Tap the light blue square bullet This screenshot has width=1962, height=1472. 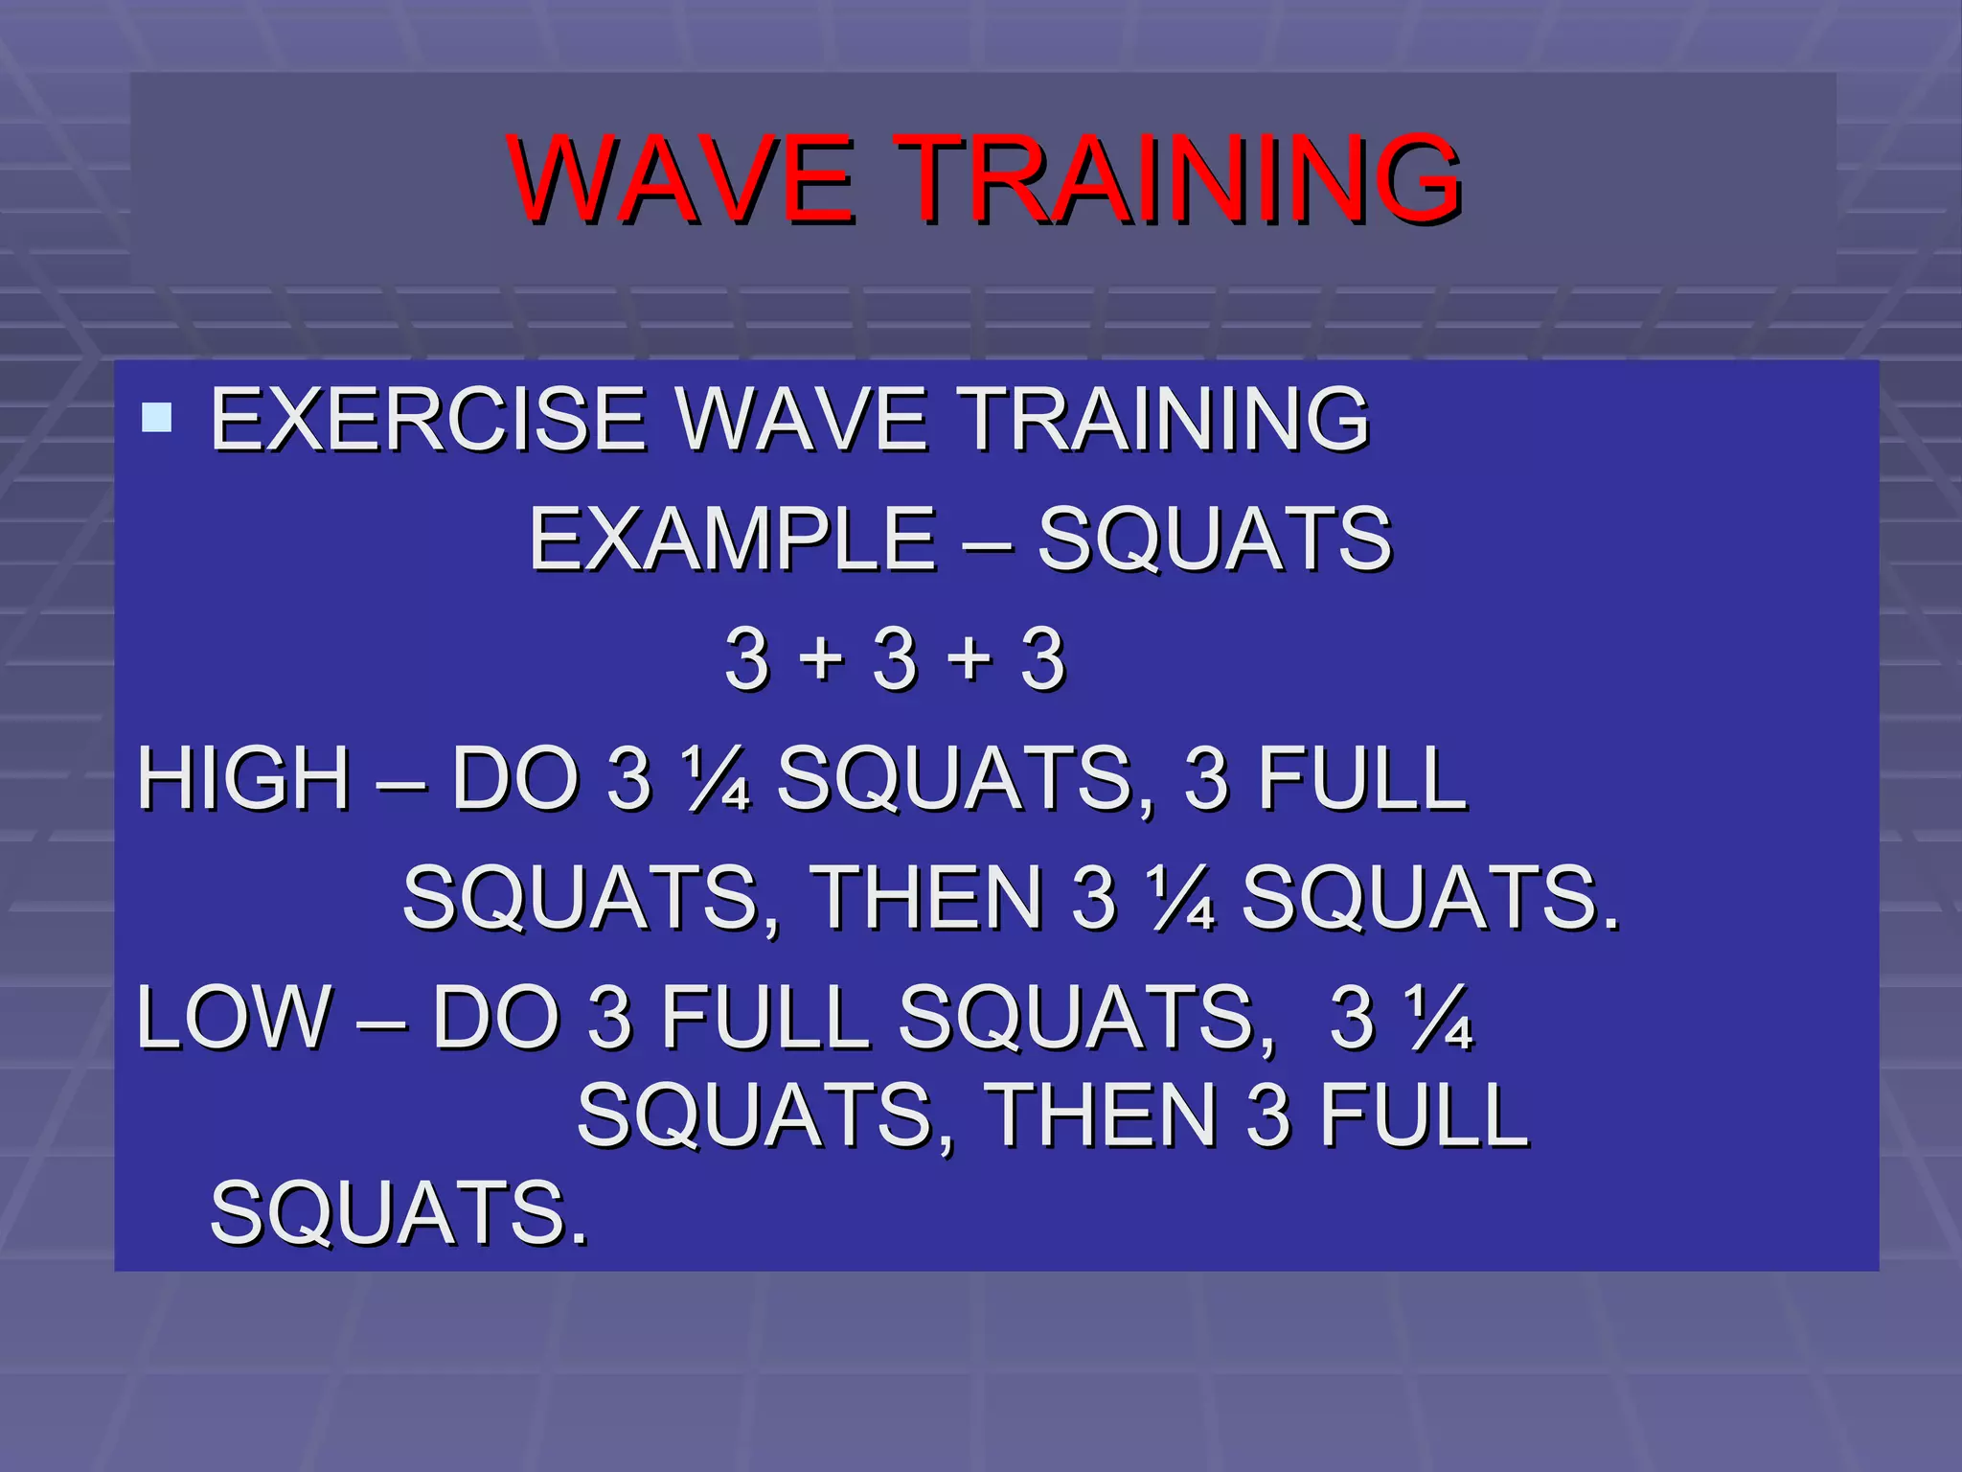pyautogui.click(x=156, y=418)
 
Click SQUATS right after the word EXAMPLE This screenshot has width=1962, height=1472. pyautogui.click(x=1215, y=540)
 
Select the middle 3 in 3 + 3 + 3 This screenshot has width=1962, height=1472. pyautogui.click(x=896, y=659)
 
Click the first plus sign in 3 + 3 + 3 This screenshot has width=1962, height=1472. pyautogui.click(x=822, y=659)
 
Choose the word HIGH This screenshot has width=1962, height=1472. pyautogui.click(x=244, y=778)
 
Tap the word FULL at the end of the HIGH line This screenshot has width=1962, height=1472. pyautogui.click(x=1361, y=778)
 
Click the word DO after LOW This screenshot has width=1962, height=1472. pyautogui.click(x=496, y=1018)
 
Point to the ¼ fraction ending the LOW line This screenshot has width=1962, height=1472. pyautogui.click(x=1439, y=1018)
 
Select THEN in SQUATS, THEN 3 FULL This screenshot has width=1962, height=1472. pyautogui.click(x=1101, y=1115)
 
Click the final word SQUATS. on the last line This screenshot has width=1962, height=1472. pyautogui.click(x=399, y=1213)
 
